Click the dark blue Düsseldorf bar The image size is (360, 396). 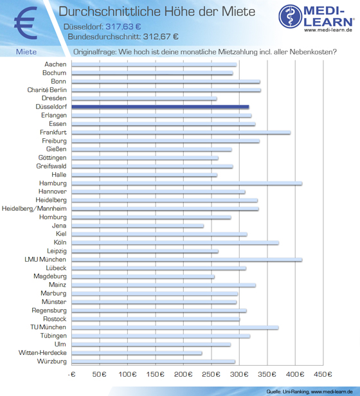point(160,107)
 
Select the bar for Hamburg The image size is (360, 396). point(186,183)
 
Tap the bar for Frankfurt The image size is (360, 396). point(181,132)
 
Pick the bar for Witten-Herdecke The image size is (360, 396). point(137,353)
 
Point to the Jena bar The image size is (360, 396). point(138,226)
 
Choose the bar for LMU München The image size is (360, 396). point(186,260)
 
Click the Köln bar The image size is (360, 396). point(175,243)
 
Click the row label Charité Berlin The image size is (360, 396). point(47,90)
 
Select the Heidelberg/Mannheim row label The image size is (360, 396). point(34,208)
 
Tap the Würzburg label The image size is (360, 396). point(52,361)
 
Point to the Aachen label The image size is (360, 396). point(55,64)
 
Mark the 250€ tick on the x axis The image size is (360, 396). point(212,374)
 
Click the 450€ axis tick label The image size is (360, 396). point(323,374)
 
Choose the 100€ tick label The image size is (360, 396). point(127,374)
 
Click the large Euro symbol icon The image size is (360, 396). point(26,23)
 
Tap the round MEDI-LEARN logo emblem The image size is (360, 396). point(291,16)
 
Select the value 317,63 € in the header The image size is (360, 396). point(123,26)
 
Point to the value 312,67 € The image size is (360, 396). point(161,37)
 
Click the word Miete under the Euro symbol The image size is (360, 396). point(26,52)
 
